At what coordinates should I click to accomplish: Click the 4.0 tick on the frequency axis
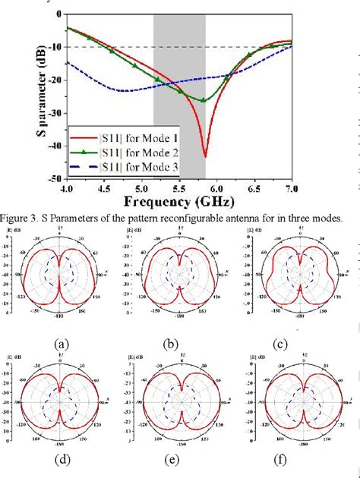tap(68, 187)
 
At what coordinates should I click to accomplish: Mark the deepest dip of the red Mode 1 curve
tap(205, 156)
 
